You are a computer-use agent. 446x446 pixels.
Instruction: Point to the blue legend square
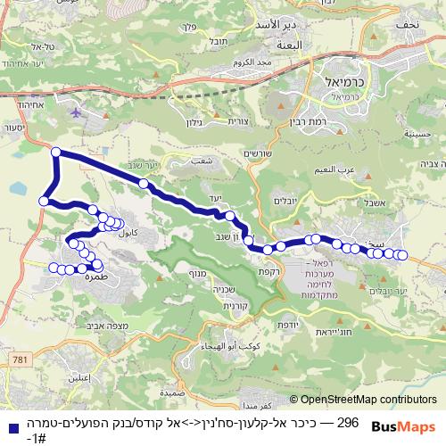coord(9,425)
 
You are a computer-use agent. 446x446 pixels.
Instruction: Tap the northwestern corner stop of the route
coord(56,152)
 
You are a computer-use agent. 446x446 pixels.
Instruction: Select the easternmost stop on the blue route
coord(402,255)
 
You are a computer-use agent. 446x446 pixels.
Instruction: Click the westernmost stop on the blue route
coord(43,202)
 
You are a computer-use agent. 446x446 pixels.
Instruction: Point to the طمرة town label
coord(78,277)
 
